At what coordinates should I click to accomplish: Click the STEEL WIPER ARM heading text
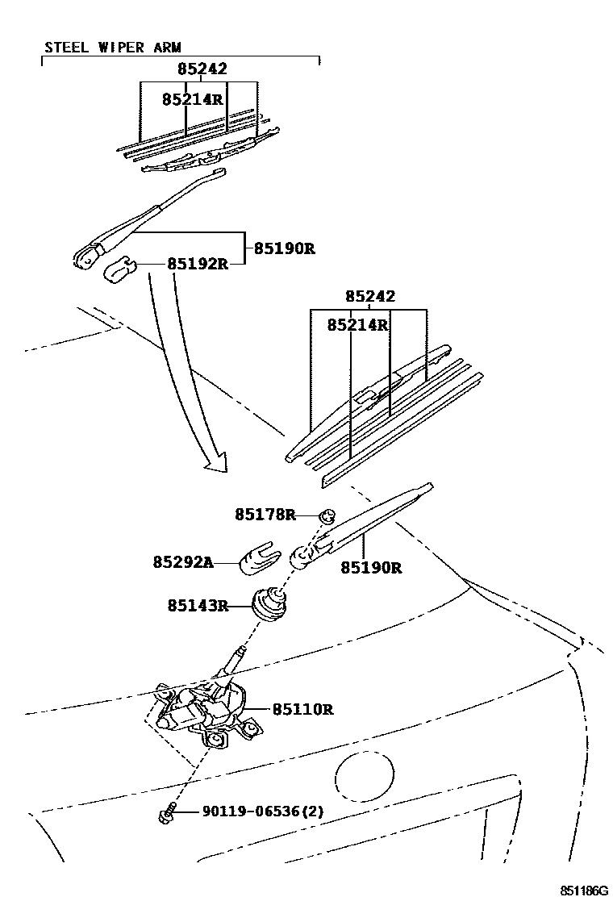112,48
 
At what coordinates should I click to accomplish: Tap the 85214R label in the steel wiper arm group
192,99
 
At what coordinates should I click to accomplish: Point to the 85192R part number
198,264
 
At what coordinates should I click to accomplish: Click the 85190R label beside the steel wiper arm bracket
284,248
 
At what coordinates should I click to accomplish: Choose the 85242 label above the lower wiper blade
370,297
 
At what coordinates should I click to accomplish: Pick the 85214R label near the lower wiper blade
358,325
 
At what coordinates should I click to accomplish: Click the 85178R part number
265,514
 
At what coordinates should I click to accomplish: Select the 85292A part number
183,561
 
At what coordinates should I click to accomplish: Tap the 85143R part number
198,605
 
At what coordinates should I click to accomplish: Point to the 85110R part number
302,710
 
